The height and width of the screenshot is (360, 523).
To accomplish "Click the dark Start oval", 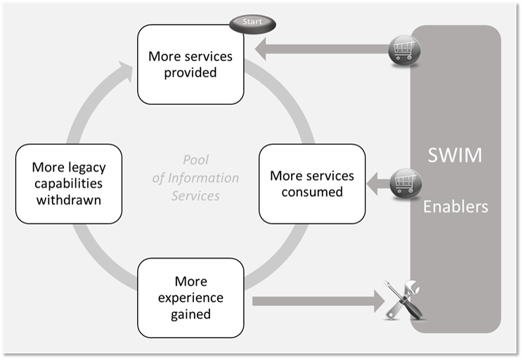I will point(252,22).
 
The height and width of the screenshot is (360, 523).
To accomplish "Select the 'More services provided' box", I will point(191,64).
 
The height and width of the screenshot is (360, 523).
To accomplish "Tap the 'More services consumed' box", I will point(312,184).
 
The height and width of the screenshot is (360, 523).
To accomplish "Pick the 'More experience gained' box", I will point(191,297).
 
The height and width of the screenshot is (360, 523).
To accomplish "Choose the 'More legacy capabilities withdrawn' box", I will point(69,184).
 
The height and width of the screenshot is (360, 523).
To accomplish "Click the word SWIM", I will point(456,155).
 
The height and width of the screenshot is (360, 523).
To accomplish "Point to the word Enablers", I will point(456,207).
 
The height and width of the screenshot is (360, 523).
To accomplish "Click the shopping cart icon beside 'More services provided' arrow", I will point(403,50).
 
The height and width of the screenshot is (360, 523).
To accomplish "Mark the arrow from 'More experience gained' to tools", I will point(316,301).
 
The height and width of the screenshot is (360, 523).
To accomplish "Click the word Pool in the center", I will point(195,160).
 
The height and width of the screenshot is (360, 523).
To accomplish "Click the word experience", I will point(191,298).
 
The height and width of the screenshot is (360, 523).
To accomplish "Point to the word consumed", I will point(311,191).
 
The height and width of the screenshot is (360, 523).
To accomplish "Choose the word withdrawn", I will point(69,200).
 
